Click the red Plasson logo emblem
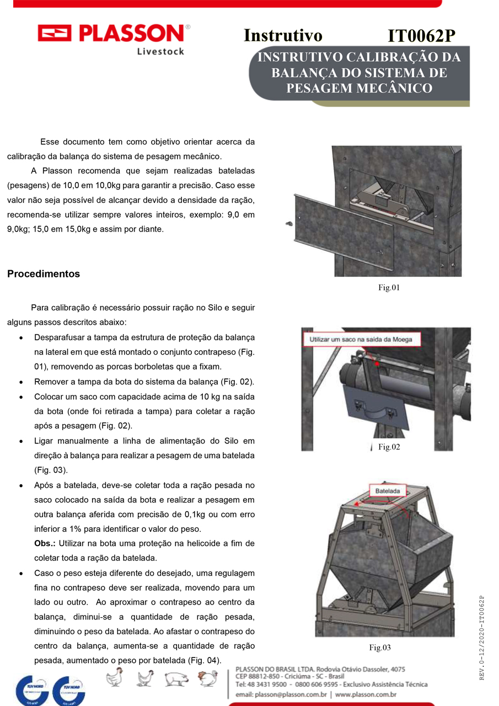click(54, 33)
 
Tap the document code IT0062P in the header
click(421, 35)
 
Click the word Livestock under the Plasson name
click(160, 51)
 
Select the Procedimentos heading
click(44, 274)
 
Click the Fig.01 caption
click(389, 287)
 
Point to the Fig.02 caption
click(389, 447)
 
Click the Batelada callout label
click(388, 491)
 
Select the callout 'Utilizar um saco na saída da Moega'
click(361, 339)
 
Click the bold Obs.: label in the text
click(45, 543)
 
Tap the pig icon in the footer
click(176, 679)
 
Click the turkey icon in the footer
click(208, 678)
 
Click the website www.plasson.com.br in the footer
click(366, 694)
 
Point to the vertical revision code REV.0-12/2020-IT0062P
click(482, 638)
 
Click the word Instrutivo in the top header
click(283, 35)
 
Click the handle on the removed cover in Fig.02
click(374, 410)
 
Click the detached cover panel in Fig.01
click(344, 231)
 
